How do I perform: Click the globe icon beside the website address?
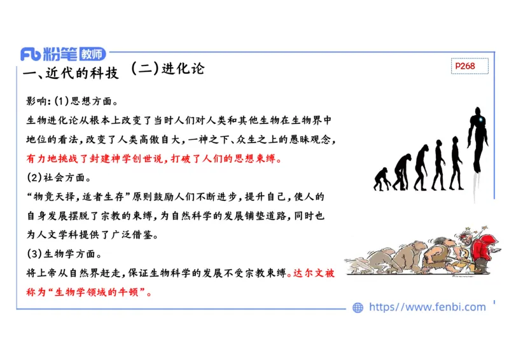(x=358, y=307)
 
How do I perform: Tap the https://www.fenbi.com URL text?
(x=428, y=307)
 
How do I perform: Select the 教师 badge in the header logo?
(x=89, y=55)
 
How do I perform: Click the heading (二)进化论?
(x=167, y=69)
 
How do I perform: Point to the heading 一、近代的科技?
(x=71, y=73)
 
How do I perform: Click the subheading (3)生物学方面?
(x=64, y=254)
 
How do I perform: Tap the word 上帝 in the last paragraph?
(x=48, y=275)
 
